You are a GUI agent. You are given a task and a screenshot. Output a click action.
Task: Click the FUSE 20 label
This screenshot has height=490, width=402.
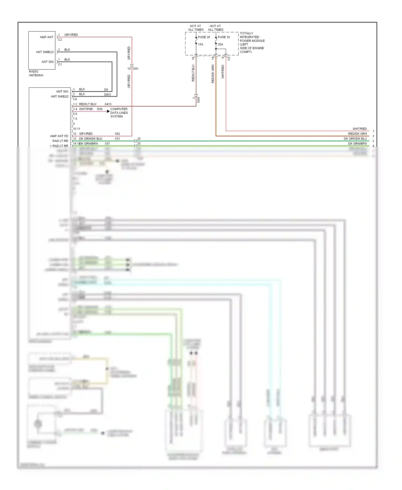(x=204, y=37)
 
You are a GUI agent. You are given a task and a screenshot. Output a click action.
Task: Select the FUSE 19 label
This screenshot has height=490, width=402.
(x=224, y=37)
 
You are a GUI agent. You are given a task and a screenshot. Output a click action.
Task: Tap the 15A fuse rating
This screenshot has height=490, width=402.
(x=201, y=44)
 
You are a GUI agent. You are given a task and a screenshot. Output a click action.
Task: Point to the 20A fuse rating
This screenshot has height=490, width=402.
(x=220, y=44)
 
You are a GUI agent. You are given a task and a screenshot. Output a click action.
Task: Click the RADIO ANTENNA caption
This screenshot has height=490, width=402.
(x=36, y=73)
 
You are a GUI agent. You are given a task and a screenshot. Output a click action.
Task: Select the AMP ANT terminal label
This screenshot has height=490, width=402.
(x=47, y=37)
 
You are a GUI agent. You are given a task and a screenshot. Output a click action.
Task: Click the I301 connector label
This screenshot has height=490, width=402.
(x=136, y=69)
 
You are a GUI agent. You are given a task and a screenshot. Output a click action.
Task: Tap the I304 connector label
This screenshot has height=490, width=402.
(x=198, y=100)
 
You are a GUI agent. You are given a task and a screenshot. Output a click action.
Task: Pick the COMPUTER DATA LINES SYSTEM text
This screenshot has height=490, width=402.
(x=119, y=113)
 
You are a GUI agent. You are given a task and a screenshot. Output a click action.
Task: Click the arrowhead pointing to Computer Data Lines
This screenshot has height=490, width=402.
(x=108, y=111)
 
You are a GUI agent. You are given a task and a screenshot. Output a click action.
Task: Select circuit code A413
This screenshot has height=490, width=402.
(x=108, y=104)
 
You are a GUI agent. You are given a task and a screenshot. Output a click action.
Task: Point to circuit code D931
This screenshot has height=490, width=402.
(x=107, y=95)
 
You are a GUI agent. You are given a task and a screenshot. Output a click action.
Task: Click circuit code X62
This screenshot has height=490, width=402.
(x=117, y=134)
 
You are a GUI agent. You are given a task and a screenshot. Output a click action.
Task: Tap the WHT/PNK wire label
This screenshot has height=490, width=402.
(x=86, y=109)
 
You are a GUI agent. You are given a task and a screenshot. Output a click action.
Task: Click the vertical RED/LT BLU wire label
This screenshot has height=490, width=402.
(x=193, y=73)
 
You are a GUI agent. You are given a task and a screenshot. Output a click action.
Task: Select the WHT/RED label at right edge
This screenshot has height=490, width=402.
(x=360, y=129)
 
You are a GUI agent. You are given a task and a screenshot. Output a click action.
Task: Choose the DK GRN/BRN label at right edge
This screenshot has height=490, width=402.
(x=358, y=144)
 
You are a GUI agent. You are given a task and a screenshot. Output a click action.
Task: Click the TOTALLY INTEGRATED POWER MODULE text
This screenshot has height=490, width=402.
(x=252, y=43)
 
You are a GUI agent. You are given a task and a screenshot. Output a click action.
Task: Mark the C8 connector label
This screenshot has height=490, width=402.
(x=229, y=58)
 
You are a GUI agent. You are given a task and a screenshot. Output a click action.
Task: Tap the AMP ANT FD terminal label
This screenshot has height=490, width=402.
(x=59, y=136)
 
